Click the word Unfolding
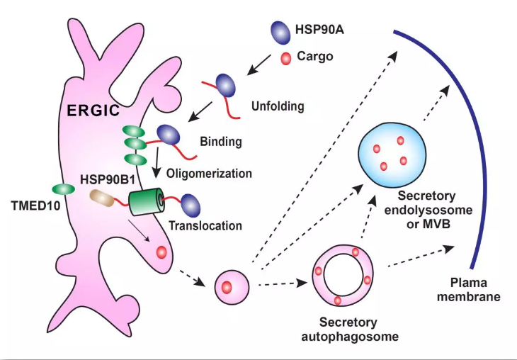tap(278, 107)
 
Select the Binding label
tap(220, 142)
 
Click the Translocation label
tap(205, 227)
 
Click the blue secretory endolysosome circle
tap(392, 150)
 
